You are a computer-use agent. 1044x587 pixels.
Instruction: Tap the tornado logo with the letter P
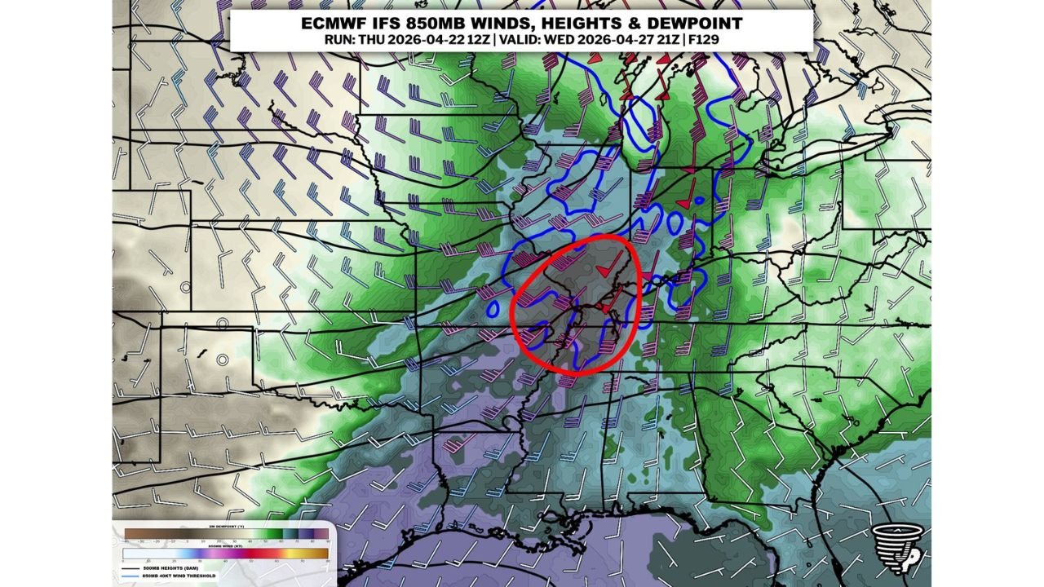895,545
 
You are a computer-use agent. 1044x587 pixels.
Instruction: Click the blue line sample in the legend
131,576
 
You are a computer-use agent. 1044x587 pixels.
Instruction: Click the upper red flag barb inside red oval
604,269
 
